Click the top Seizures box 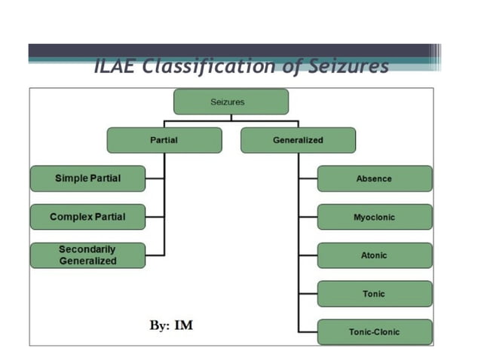[x=231, y=102]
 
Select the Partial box [x=164, y=140]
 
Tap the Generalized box [x=298, y=140]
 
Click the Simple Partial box [x=87, y=178]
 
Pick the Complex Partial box [x=87, y=217]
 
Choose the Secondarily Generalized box [x=87, y=255]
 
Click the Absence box [x=374, y=179]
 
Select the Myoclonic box [x=374, y=218]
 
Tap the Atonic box [x=374, y=255]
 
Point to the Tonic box [x=374, y=294]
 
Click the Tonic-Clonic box [x=374, y=332]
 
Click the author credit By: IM [x=171, y=325]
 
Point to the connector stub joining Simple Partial [x=155, y=178]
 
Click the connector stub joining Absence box [x=308, y=179]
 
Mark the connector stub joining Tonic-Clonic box [x=308, y=332]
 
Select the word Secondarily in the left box [x=87, y=249]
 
